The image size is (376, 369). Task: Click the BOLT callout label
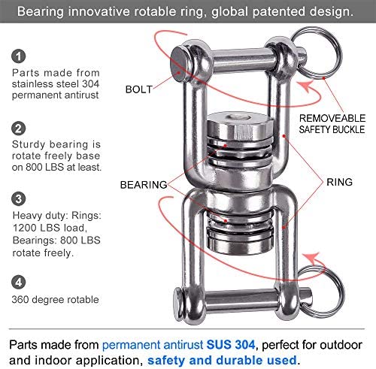(x=139, y=89)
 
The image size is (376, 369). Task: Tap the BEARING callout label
(x=144, y=185)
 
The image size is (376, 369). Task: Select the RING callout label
(x=339, y=182)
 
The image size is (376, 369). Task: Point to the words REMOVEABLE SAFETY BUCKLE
(x=332, y=124)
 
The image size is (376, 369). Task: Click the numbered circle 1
(x=19, y=56)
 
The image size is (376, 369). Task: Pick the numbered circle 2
(x=19, y=129)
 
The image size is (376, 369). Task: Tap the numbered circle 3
(x=19, y=198)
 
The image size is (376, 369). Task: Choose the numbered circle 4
(x=19, y=282)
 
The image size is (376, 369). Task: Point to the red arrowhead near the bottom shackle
(x=311, y=258)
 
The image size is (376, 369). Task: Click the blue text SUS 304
(x=231, y=345)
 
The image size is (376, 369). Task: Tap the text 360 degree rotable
(x=55, y=300)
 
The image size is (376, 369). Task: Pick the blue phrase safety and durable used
(x=222, y=360)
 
